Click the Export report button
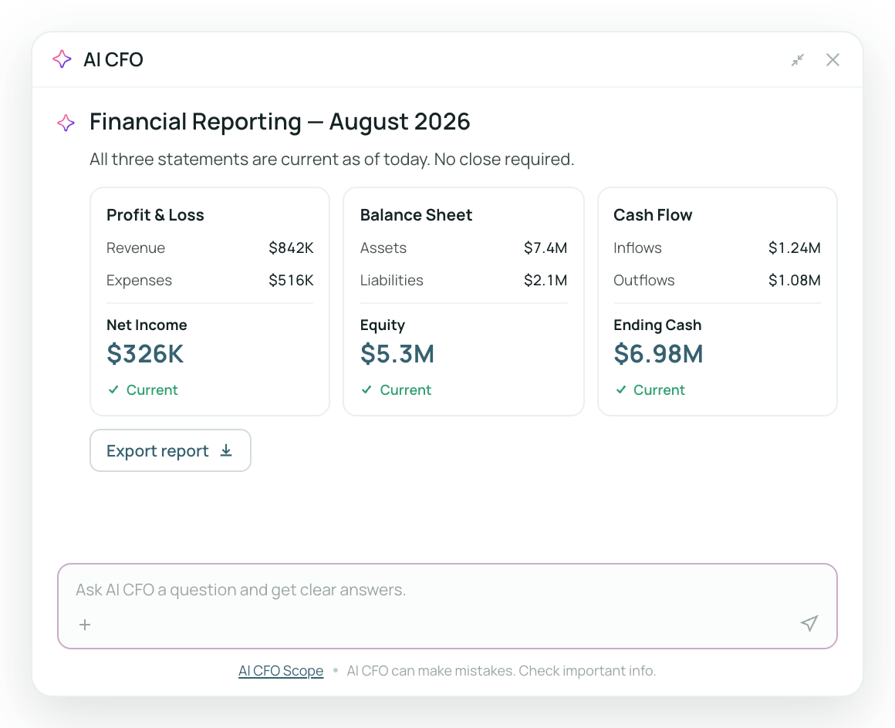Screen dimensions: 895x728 pyautogui.click(x=170, y=450)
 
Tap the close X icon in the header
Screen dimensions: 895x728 pyautogui.click(x=833, y=60)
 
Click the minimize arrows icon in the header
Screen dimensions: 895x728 pyautogui.click(x=797, y=60)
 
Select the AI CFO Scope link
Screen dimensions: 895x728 pyautogui.click(x=281, y=671)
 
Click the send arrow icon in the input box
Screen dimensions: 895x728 pyautogui.click(x=809, y=623)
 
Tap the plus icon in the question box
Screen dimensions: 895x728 pyautogui.click(x=85, y=625)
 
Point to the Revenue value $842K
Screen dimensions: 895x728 pyautogui.click(x=291, y=248)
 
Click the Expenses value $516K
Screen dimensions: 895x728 pyautogui.click(x=291, y=280)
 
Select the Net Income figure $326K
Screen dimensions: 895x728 pyautogui.click(x=145, y=354)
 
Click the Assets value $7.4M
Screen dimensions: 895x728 pyautogui.click(x=545, y=248)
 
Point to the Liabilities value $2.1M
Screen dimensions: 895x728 pyautogui.click(x=545, y=280)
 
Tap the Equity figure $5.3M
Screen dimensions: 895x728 pyautogui.click(x=397, y=354)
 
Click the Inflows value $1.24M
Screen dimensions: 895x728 pyautogui.click(x=795, y=248)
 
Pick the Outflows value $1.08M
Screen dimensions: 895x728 pyautogui.click(x=795, y=280)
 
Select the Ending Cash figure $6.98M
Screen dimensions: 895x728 pyautogui.click(x=658, y=354)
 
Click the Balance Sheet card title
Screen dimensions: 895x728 pyautogui.click(x=416, y=215)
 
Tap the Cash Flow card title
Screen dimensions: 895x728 pyautogui.click(x=653, y=215)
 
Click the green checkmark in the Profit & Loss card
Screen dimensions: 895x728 pyautogui.click(x=113, y=389)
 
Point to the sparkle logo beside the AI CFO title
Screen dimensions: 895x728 pyautogui.click(x=62, y=59)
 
